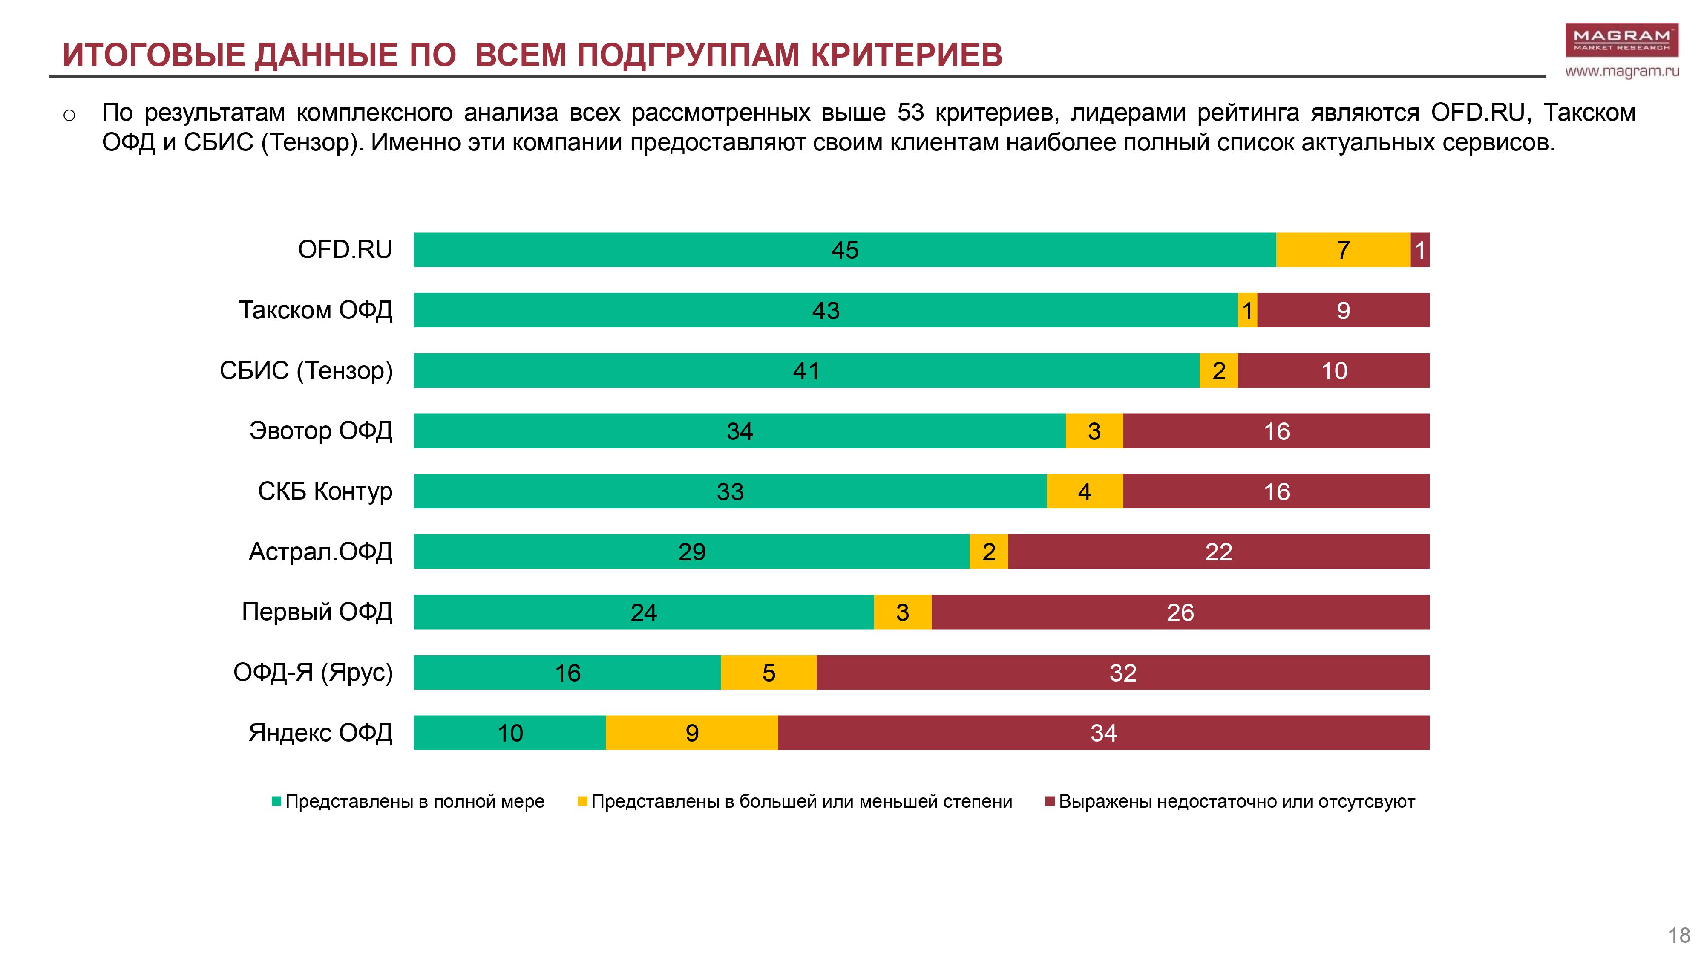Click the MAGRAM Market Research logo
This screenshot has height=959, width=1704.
tap(1621, 40)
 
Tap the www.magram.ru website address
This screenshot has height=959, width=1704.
tap(1621, 72)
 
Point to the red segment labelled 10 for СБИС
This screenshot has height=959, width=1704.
tap(1333, 371)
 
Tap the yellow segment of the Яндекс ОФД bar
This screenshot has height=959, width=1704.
tap(691, 733)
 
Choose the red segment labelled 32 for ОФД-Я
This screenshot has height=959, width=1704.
tap(1123, 673)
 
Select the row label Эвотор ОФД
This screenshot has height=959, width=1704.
tap(321, 431)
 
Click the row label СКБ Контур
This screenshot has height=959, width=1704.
tap(325, 491)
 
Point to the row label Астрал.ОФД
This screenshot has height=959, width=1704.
tap(320, 551)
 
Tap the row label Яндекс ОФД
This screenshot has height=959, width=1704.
tap(320, 733)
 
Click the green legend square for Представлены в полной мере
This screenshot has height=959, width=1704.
tap(276, 801)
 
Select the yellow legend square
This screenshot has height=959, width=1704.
tap(582, 801)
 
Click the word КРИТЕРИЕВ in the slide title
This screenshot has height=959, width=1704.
tap(906, 55)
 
